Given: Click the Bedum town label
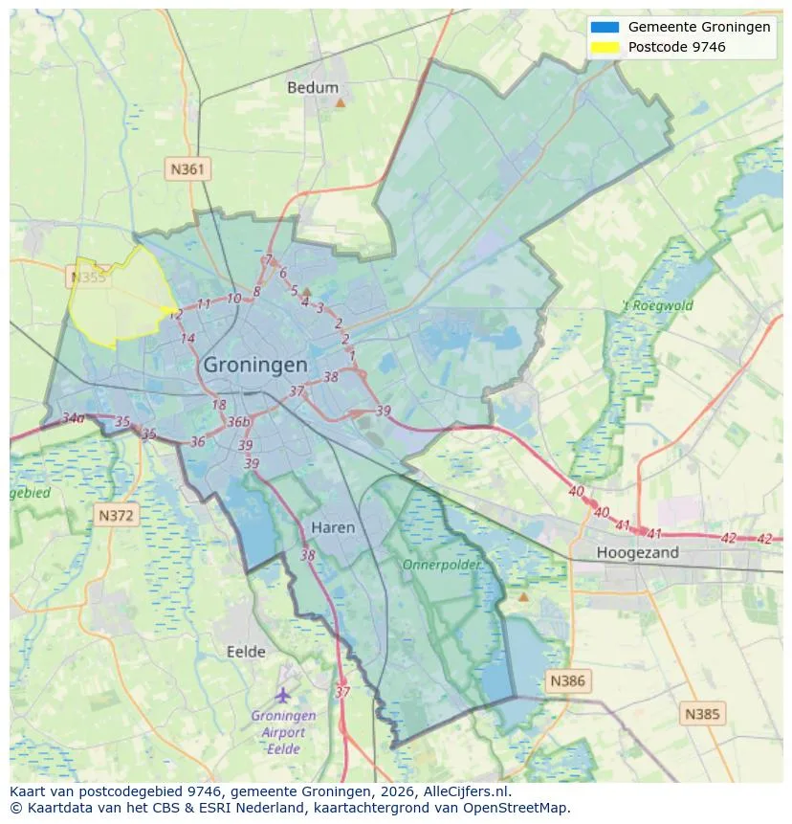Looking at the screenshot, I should [x=313, y=87].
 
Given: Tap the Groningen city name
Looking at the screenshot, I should [x=255, y=366].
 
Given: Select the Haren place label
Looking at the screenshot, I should [x=333, y=527].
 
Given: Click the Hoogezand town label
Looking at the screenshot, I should [x=637, y=552].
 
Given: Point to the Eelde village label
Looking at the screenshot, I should [x=246, y=652].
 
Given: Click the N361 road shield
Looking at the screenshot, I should [x=187, y=169].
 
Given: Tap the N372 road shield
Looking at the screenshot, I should [x=118, y=515].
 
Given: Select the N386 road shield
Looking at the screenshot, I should [x=567, y=681].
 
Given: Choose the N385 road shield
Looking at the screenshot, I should [x=703, y=713].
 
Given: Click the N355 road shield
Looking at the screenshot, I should [x=88, y=278].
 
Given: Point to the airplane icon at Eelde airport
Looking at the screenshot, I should [x=282, y=694].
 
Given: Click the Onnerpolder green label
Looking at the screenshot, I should [x=442, y=565].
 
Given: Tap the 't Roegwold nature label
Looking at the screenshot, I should [x=657, y=306].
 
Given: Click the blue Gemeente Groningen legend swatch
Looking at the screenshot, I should [x=605, y=27].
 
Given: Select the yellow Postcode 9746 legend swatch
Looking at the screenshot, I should [x=605, y=47].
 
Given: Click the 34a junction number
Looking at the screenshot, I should [x=73, y=418].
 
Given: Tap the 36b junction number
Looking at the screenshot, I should [x=238, y=422].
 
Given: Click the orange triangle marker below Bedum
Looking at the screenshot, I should [x=340, y=101].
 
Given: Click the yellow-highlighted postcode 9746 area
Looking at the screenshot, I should [x=115, y=301].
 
